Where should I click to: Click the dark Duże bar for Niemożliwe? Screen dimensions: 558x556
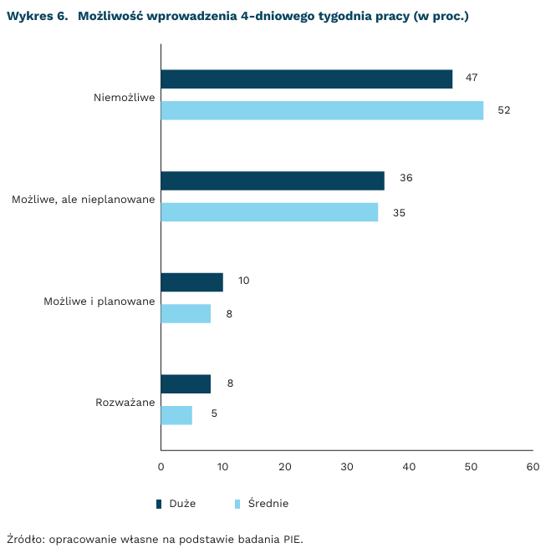(x=306, y=79)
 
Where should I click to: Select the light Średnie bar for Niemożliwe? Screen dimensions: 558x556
(x=322, y=110)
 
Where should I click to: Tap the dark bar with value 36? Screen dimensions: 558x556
(x=273, y=180)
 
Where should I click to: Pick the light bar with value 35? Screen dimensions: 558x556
(x=269, y=212)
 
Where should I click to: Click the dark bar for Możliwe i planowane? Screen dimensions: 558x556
(x=191, y=282)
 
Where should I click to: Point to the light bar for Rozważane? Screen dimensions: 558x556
(x=176, y=414)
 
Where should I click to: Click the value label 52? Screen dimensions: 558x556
(x=503, y=110)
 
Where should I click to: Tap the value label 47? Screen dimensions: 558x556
(x=472, y=78)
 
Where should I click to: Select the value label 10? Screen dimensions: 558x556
(x=243, y=281)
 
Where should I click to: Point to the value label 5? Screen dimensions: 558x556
(x=214, y=413)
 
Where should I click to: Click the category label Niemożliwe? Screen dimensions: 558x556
(x=125, y=97)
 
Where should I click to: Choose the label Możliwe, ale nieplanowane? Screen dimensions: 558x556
(x=84, y=200)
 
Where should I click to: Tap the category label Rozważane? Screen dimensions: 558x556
(x=125, y=403)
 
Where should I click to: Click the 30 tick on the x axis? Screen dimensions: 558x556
(x=347, y=467)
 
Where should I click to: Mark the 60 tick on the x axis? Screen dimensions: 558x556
(x=533, y=467)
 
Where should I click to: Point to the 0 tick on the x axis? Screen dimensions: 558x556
(x=161, y=467)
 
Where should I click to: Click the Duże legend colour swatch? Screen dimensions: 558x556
(x=159, y=504)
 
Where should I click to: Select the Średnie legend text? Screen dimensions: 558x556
(x=268, y=504)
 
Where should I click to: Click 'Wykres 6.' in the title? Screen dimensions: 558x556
(x=37, y=17)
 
